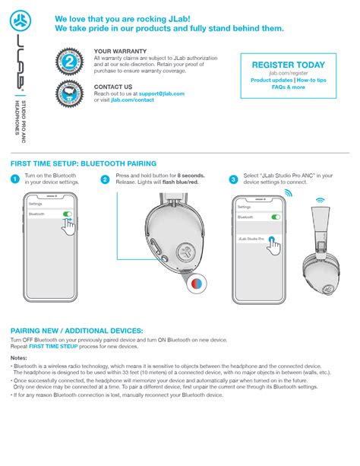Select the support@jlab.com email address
coord(156,93)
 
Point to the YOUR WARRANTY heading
coord(118,50)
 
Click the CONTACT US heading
coord(113,86)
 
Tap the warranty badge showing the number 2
coord(71,61)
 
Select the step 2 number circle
coord(105,179)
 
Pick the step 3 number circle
coord(232,179)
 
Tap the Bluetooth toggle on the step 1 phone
coord(67,215)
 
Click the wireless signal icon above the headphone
coord(320,202)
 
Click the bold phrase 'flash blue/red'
coord(179,182)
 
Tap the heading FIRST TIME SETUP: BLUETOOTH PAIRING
coord(84,163)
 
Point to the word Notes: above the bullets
coord(19,357)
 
